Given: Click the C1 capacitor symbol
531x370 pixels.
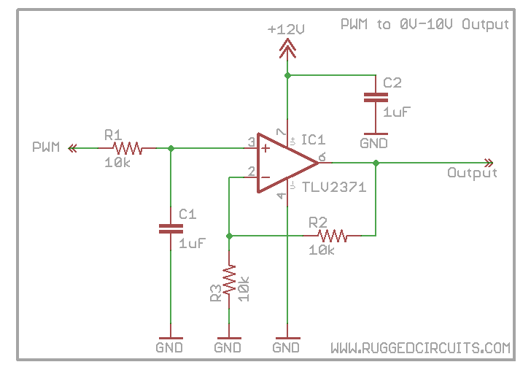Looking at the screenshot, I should point(171,229).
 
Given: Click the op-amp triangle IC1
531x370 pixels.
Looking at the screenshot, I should point(284,162).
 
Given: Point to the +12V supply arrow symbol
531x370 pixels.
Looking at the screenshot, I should point(288,48).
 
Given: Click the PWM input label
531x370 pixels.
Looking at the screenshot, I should point(46,147).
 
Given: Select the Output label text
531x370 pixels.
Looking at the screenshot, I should point(472,173).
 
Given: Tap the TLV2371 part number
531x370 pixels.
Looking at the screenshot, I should point(333,187).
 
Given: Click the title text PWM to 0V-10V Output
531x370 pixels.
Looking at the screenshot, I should point(425,24).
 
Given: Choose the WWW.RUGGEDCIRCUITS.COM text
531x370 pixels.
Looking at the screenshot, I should point(420,348).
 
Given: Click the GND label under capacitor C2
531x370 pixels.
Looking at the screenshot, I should point(374,144).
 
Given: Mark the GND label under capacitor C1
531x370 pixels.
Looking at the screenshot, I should point(170,348).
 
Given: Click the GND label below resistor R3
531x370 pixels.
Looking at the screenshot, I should point(228,348).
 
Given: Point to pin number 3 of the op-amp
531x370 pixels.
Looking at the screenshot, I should point(251,142).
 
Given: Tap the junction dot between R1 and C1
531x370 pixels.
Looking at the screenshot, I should point(171,148).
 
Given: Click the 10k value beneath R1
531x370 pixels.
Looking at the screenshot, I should point(117,163).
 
